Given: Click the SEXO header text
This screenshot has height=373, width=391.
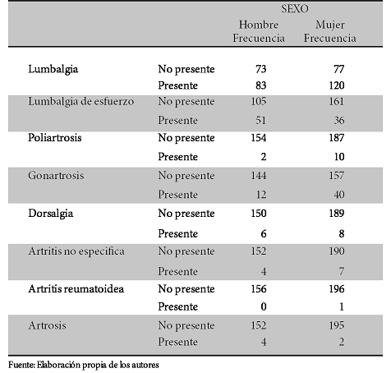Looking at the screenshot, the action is (295, 9).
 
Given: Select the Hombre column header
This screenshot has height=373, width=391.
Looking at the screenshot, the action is (259, 25).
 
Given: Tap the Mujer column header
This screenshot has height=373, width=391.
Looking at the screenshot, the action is (330, 25).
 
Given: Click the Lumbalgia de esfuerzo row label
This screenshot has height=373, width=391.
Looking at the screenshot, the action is (81, 102).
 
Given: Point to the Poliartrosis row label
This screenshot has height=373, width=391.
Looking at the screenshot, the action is (55, 137).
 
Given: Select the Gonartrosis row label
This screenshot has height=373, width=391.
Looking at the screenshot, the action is (56, 175).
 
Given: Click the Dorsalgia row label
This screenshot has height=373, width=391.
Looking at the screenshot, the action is (51, 214).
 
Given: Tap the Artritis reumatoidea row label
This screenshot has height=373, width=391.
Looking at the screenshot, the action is (76, 289).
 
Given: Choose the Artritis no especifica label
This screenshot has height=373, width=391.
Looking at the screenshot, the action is (76, 251).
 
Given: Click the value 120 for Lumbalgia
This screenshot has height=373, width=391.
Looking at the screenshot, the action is (337, 85).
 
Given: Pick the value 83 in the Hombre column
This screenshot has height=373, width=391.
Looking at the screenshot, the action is (260, 85).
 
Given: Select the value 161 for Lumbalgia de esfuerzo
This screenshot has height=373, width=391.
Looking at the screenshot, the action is (337, 101).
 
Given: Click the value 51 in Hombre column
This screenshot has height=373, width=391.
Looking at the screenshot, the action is (260, 120).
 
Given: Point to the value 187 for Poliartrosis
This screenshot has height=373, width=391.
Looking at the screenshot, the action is (337, 137).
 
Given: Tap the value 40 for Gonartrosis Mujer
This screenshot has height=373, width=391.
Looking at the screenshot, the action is (339, 195).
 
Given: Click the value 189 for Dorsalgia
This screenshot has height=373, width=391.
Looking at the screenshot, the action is (337, 213).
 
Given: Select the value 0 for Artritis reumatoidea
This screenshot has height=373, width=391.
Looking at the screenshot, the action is (264, 306).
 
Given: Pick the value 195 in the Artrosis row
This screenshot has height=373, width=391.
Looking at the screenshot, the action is (337, 325).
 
